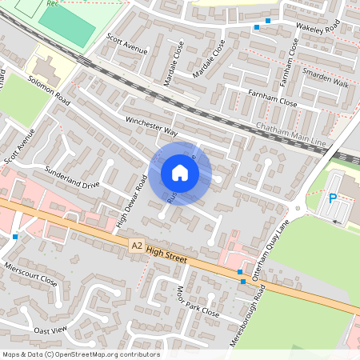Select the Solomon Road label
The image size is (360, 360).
(x=50, y=90)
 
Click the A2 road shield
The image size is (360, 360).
(x=137, y=248)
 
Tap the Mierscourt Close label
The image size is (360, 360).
(x=31, y=274)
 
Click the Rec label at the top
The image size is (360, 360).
(x=54, y=3)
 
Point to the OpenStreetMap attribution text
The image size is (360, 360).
(x=81, y=354)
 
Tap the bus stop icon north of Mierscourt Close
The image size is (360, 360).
(x=15, y=236)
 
